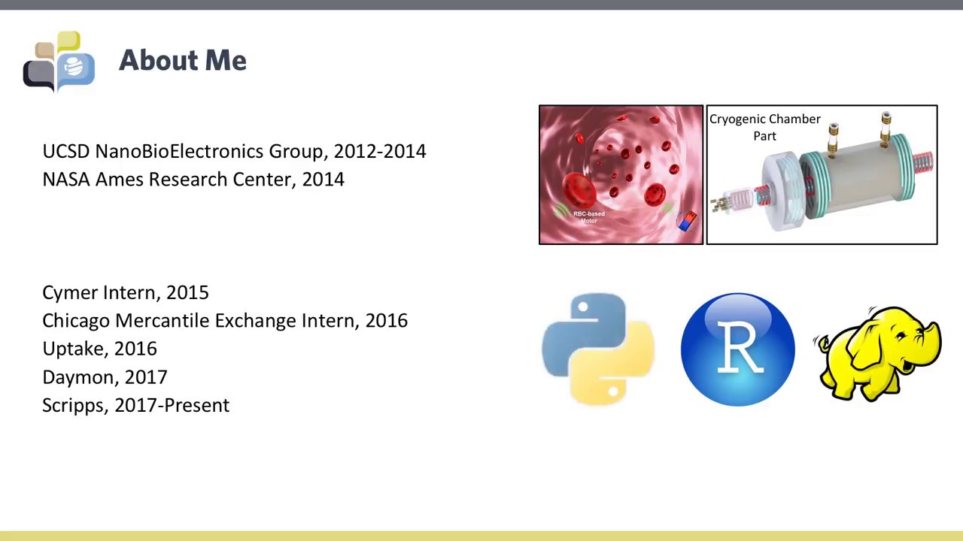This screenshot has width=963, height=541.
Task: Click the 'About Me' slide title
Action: click(182, 61)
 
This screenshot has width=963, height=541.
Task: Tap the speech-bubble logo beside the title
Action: click(59, 62)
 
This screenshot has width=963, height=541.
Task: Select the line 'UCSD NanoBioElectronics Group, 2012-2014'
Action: click(234, 151)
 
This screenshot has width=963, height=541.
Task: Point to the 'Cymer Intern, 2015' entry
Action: click(125, 292)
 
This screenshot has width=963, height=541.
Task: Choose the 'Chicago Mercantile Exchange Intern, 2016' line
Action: click(224, 321)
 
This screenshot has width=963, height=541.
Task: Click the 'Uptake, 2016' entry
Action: click(99, 349)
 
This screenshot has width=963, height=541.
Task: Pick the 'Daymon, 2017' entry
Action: click(105, 377)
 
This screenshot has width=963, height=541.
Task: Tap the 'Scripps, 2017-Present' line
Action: click(135, 405)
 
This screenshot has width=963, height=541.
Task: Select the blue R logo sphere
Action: click(737, 349)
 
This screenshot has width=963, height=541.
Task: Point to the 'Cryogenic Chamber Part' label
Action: click(764, 127)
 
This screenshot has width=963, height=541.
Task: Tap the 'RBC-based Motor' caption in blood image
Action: click(588, 217)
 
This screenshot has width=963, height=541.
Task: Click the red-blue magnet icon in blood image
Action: click(687, 221)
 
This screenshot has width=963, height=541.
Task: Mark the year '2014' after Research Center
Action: click(323, 180)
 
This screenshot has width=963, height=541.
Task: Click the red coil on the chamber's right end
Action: click(922, 161)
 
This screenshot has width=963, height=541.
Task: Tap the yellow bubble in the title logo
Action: click(68, 41)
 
